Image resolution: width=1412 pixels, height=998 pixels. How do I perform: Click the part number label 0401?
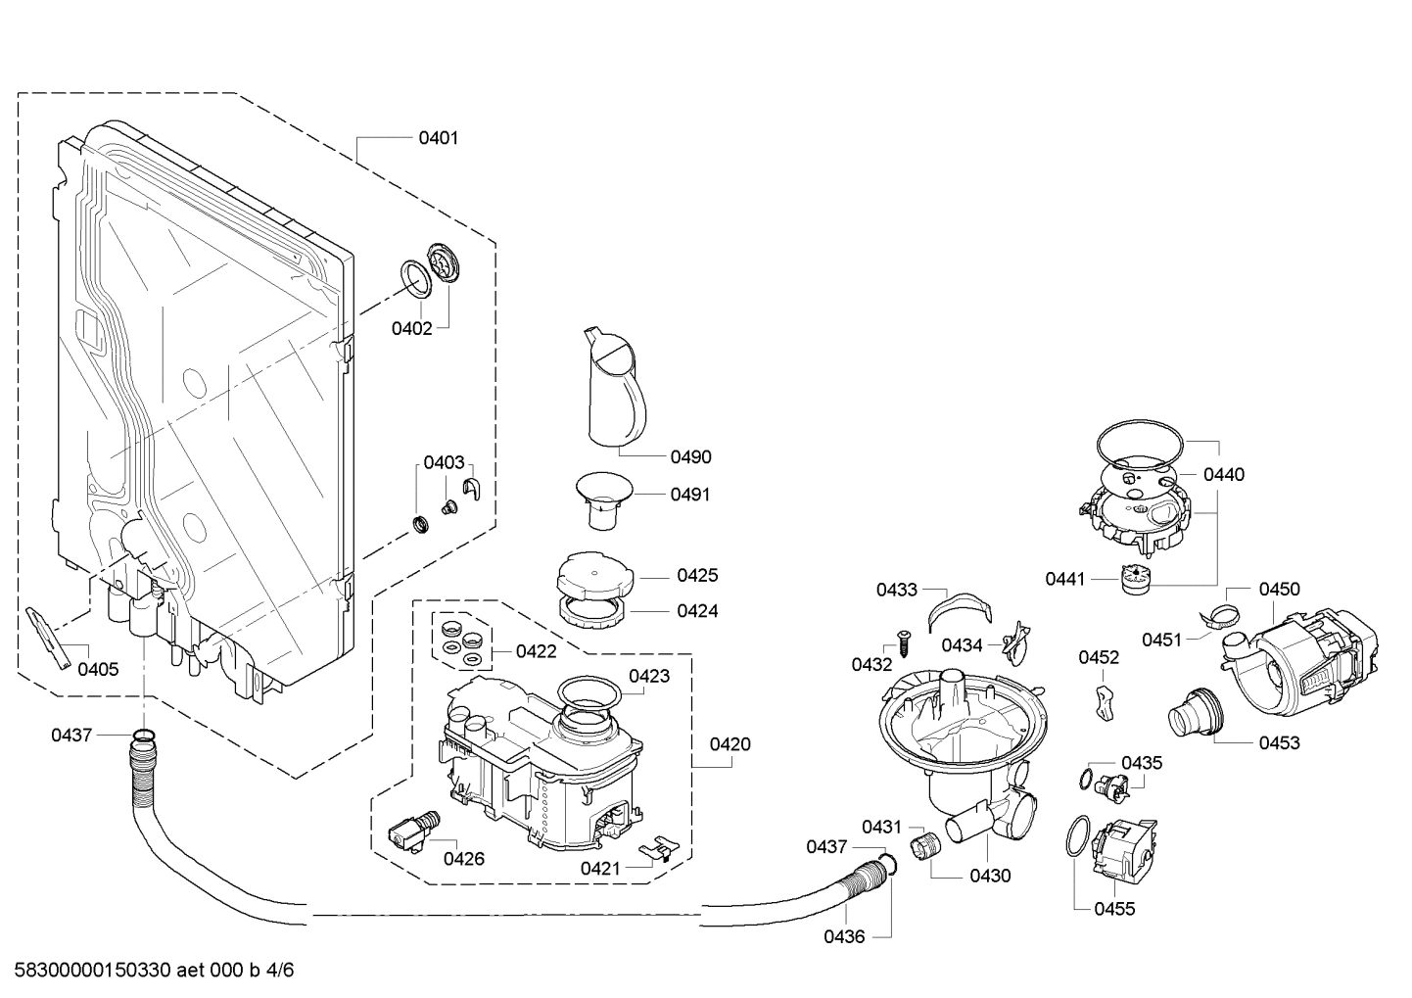(x=438, y=138)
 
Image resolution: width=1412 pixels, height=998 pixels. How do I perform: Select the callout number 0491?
(x=690, y=495)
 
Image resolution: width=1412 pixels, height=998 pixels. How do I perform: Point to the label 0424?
(x=697, y=611)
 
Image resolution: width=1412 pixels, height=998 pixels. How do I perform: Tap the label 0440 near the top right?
(x=1223, y=475)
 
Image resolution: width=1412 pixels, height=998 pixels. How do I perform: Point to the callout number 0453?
(x=1279, y=742)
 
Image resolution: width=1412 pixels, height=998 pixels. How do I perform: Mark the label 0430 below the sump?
(x=990, y=877)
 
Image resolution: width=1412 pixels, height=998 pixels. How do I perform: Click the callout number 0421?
(x=599, y=868)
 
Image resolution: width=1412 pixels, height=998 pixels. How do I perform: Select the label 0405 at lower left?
(x=98, y=670)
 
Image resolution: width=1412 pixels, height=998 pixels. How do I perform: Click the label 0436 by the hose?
(x=843, y=937)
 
